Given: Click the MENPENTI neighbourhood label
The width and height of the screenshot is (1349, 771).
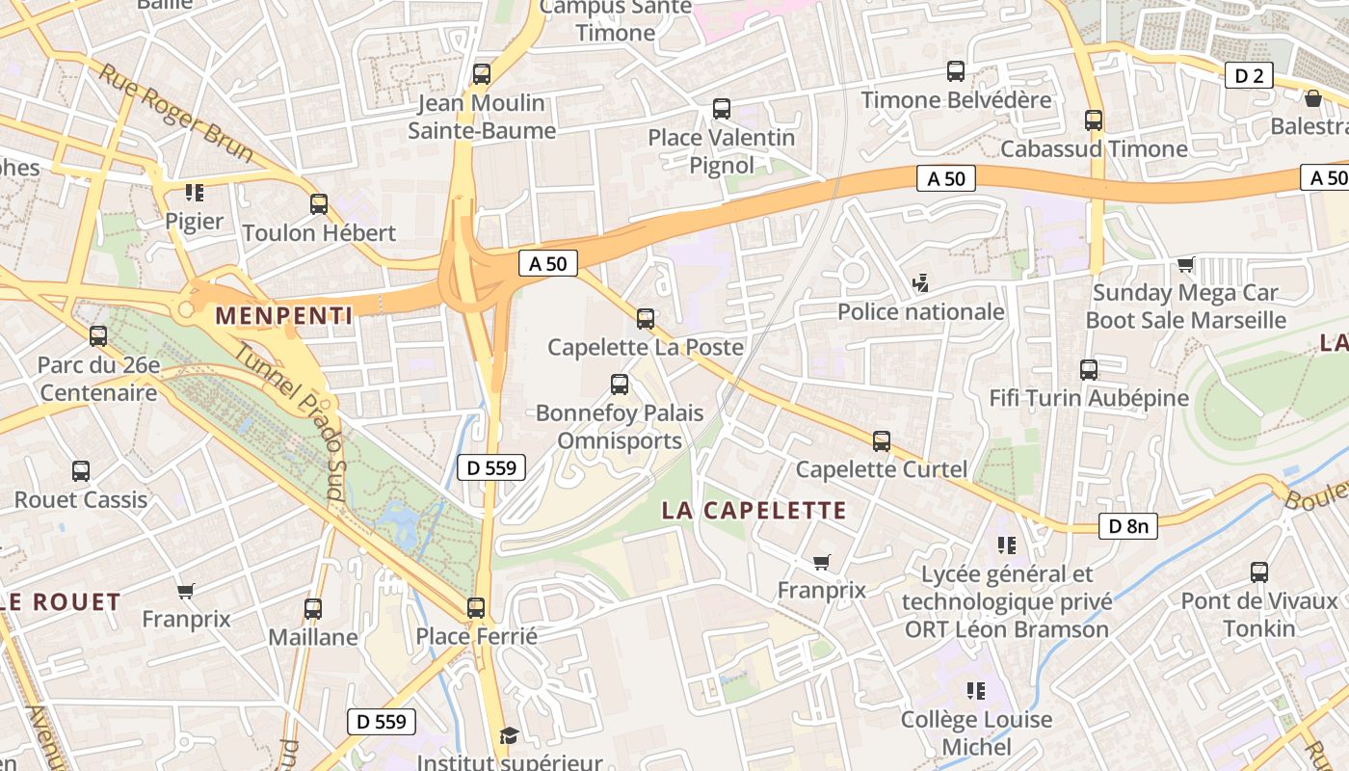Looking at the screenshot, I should click(283, 314).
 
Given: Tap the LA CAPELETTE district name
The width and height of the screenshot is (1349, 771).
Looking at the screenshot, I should click(754, 511).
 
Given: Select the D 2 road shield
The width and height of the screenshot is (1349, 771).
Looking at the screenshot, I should click(1249, 75).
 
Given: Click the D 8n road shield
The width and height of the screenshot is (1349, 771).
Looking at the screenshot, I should click(1128, 526).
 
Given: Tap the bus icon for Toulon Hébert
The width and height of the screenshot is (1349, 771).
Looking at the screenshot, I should click(319, 204).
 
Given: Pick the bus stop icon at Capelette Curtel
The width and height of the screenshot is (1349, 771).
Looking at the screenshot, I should click(882, 441).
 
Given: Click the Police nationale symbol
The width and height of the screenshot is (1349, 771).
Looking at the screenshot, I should click(921, 283).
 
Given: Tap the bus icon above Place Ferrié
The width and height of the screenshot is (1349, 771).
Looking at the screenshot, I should click(476, 608).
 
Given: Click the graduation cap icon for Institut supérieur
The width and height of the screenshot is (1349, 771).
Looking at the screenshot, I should click(509, 735).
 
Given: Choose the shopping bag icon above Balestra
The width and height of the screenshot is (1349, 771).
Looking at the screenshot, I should click(1312, 98).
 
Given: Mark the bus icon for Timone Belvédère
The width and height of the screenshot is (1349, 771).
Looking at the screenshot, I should click(956, 71).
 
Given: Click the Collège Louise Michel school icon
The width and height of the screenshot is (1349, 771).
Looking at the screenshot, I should click(976, 691).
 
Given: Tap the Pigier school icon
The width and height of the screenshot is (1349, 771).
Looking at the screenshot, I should click(195, 193).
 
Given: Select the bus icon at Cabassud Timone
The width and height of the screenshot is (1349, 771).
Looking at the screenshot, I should click(1094, 120).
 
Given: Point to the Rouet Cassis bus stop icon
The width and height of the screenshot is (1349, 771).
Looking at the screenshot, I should click(81, 471).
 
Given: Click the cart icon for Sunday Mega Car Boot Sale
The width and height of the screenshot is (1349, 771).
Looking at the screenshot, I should click(1185, 264).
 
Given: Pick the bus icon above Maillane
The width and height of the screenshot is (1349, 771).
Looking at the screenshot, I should click(313, 609).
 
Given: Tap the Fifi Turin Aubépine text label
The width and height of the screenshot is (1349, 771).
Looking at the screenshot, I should click(1089, 398).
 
